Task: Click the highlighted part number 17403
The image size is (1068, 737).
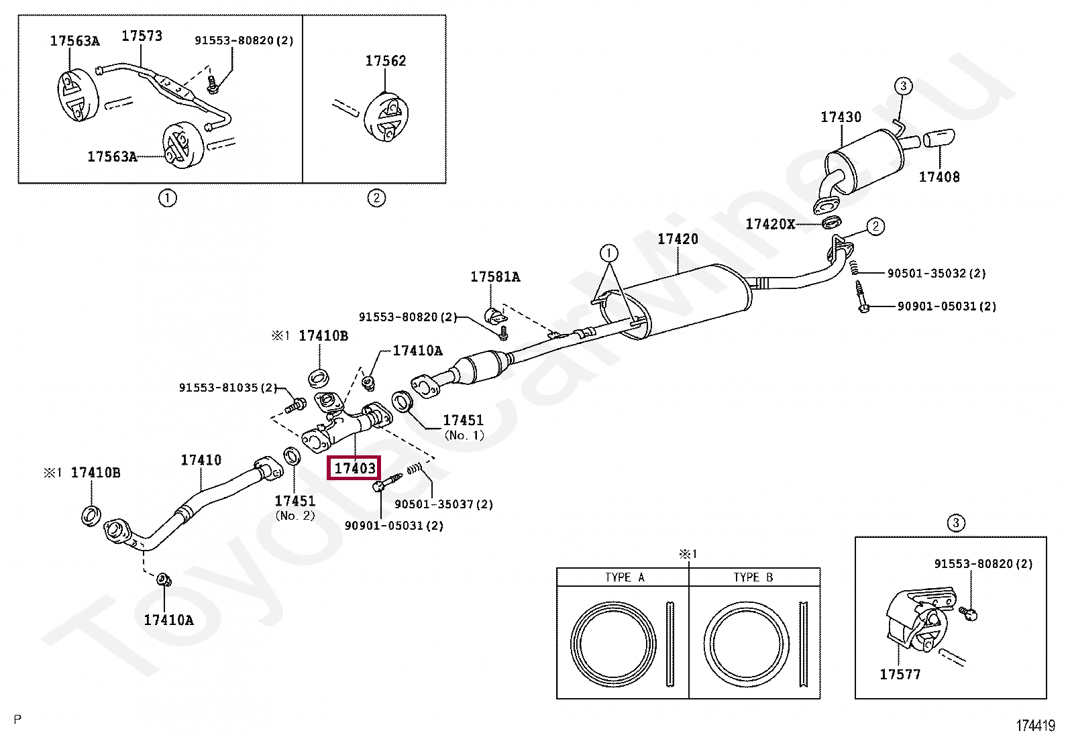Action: [354, 468]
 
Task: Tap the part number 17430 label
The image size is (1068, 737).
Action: [840, 117]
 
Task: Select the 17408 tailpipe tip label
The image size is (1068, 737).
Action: [939, 177]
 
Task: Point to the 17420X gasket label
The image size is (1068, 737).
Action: [769, 224]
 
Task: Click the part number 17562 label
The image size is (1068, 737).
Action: [385, 61]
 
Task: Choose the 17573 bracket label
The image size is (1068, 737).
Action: [142, 36]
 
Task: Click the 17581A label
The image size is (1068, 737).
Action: [494, 277]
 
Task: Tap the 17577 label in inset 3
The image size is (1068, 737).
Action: [900, 675]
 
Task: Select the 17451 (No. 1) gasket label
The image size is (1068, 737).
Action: [463, 420]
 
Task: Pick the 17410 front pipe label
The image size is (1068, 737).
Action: [201, 460]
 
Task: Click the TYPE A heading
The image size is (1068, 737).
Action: [624, 577]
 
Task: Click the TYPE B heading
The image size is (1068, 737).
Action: [753, 577]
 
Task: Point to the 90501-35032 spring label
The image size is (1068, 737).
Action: [936, 274]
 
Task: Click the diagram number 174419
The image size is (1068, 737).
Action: [1035, 726]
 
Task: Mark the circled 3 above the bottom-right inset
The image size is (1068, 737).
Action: [955, 522]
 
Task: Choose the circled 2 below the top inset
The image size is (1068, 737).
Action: [376, 198]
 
